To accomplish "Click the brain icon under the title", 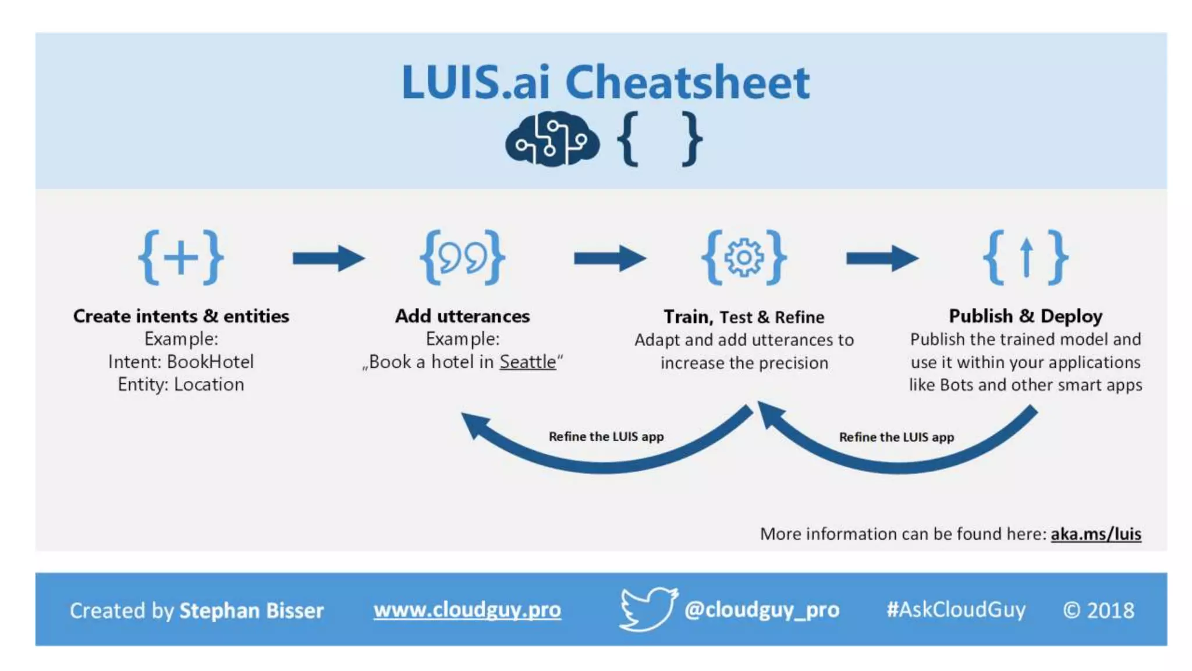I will coord(552,139).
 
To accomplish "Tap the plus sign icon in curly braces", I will coord(181,257).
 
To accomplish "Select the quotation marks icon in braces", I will coord(463,257).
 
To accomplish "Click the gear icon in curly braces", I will coord(744,257).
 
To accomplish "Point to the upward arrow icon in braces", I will coord(1026,257).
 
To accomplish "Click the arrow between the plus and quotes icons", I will coord(328,258).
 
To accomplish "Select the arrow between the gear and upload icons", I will coord(882,258).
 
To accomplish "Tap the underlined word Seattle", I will coord(528,362).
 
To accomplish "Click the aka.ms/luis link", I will coord(1095,534).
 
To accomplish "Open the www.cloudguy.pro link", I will coord(467,610).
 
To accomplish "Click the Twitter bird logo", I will coord(648,609).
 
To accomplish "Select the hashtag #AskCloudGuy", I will coord(955,610).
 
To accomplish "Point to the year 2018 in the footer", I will coord(1111,610).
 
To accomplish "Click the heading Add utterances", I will coord(463,316).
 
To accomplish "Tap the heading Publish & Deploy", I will coord(1026,316).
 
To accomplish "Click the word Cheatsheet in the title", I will coord(687,82).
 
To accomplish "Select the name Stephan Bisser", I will coord(251,610).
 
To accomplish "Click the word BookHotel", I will coord(210,362).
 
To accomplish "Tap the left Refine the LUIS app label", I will coord(606,436).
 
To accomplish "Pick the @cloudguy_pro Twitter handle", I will coord(761,610).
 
